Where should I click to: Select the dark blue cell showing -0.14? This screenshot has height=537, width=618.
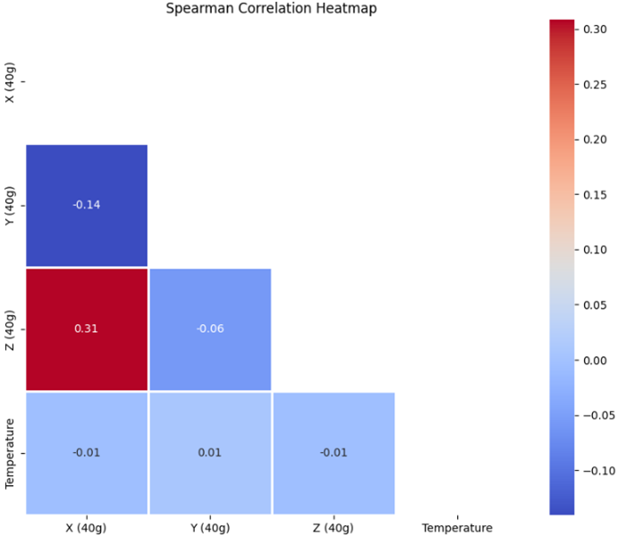click(x=87, y=205)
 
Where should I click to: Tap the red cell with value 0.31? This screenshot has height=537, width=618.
click(x=87, y=328)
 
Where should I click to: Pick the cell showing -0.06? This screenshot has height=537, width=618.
click(x=210, y=328)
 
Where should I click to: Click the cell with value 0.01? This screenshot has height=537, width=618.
click(x=210, y=452)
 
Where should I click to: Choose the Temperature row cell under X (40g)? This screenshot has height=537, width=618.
click(x=87, y=452)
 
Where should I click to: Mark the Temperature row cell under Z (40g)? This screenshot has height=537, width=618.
click(x=334, y=452)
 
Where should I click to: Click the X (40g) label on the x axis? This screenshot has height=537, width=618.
click(x=87, y=527)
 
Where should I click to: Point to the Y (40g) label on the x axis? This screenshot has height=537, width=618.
click(x=210, y=527)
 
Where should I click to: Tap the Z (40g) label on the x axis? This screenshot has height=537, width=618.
click(x=334, y=527)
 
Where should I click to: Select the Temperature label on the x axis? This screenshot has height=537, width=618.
click(x=457, y=527)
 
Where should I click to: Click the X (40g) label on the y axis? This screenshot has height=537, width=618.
click(x=10, y=81)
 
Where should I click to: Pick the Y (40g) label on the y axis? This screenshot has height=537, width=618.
click(x=10, y=205)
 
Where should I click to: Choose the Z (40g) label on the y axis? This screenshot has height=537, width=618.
click(x=10, y=328)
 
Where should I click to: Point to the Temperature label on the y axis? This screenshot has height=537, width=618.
click(x=10, y=452)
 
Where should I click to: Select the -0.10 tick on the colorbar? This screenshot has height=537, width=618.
click(x=600, y=470)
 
